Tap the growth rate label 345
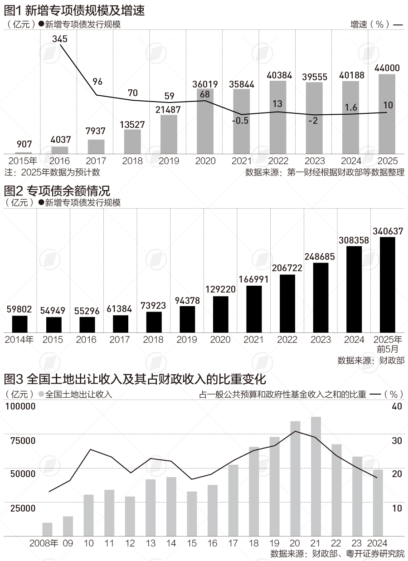pos(59,39)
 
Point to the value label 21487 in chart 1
pos(169,109)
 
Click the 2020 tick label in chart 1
pos(205,161)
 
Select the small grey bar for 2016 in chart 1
pos(59,150)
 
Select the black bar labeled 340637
pos(388,284)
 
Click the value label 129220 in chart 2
pos(220,289)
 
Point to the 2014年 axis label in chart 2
pos(19,340)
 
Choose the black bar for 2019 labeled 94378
pos(187,319)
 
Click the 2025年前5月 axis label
pos(388,344)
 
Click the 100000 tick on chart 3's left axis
pos(20,407)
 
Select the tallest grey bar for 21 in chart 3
pos(316,476)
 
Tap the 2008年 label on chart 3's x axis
pos(44,543)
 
